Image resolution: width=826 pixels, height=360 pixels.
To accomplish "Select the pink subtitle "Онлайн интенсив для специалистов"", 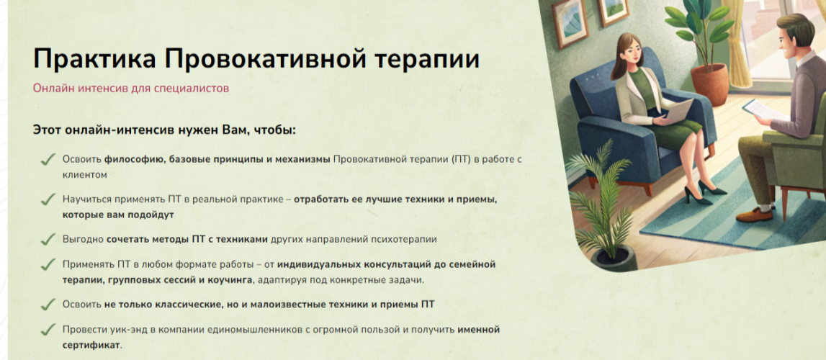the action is tap(130, 88).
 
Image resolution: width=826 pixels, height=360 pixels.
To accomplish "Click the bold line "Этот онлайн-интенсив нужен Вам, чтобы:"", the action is tap(164, 130).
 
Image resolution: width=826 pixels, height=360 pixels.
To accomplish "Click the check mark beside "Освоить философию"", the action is tap(48, 159).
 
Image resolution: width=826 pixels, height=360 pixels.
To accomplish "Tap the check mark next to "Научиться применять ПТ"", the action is tap(48, 199).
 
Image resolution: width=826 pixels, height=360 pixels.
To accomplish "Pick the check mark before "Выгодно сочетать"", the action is tap(48, 239).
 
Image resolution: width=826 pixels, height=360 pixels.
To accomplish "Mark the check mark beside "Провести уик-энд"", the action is tap(48, 330).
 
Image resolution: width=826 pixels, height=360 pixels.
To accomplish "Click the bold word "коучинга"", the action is tap(230, 280).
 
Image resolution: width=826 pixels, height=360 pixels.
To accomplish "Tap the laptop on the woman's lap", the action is tap(674, 112).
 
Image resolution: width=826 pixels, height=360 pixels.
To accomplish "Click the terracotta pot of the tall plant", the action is tap(709, 84).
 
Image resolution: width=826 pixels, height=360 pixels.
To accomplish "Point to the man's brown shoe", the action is tap(755, 215).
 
